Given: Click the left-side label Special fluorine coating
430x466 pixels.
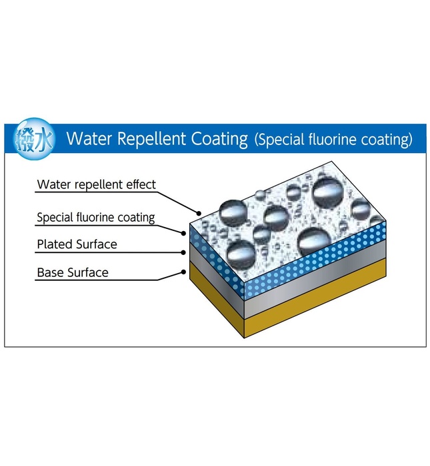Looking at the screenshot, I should (95, 217).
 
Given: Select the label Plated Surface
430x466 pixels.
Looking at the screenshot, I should (77, 244).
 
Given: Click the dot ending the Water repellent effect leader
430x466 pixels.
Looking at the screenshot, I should (199, 212).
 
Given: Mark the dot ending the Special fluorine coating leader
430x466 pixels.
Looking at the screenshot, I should (185, 233).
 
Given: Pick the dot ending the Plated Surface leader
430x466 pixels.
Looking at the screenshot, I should (185, 252).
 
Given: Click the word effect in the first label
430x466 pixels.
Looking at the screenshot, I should (139, 184).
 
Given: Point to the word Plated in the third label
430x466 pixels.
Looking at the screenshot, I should (53, 244).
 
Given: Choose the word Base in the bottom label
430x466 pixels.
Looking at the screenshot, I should (49, 272).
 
